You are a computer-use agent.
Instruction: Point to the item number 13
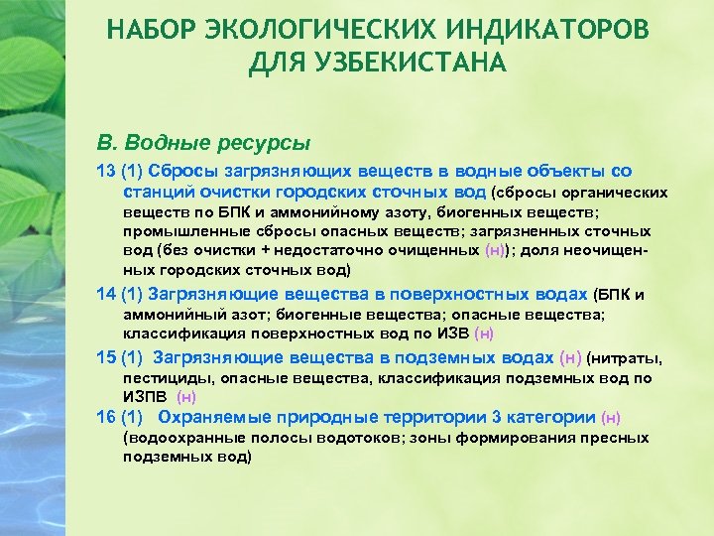pos(105,170)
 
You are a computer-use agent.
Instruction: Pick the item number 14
pos(105,294)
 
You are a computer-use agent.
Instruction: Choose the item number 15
pos(105,357)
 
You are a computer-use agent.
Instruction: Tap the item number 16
pos(105,417)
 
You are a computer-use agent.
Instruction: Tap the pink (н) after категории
pos(612,418)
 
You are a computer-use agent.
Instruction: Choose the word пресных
pos(618,437)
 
